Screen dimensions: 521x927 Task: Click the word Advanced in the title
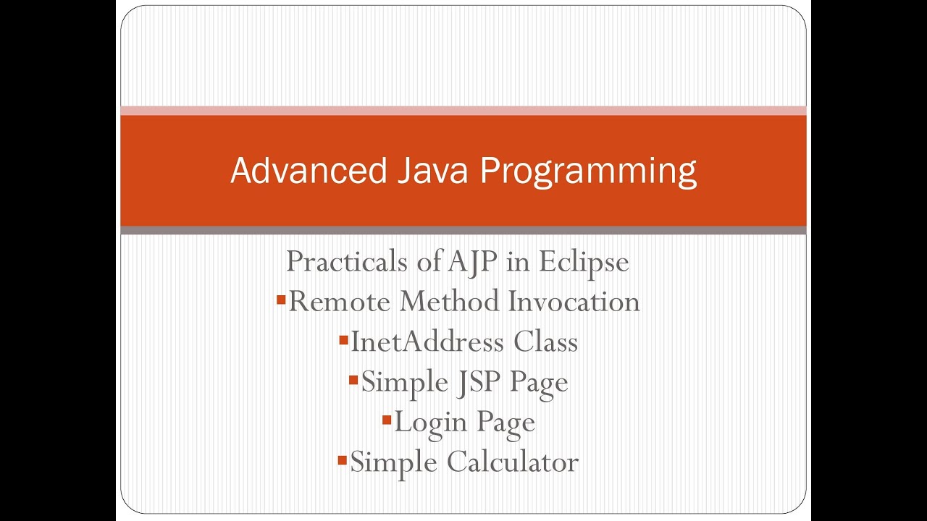pos(309,171)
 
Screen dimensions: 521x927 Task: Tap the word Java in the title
pos(432,171)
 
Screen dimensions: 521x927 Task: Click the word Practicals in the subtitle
pos(347,261)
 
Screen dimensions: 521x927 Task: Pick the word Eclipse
pos(584,262)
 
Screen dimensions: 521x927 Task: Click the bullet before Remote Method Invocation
pos(281,299)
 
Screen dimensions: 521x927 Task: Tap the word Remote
pos(340,301)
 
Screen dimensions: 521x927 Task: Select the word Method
pos(450,301)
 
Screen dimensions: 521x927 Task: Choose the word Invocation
pos(574,301)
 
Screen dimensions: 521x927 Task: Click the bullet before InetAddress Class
pos(343,339)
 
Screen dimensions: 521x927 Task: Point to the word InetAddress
pos(428,342)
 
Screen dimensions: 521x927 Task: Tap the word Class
pos(546,342)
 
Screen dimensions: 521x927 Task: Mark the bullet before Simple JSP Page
pos(353,379)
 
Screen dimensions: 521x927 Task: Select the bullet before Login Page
pos(387,419)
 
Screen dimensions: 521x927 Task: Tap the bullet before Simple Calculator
pos(343,459)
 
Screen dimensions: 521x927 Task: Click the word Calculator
pos(513,462)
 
